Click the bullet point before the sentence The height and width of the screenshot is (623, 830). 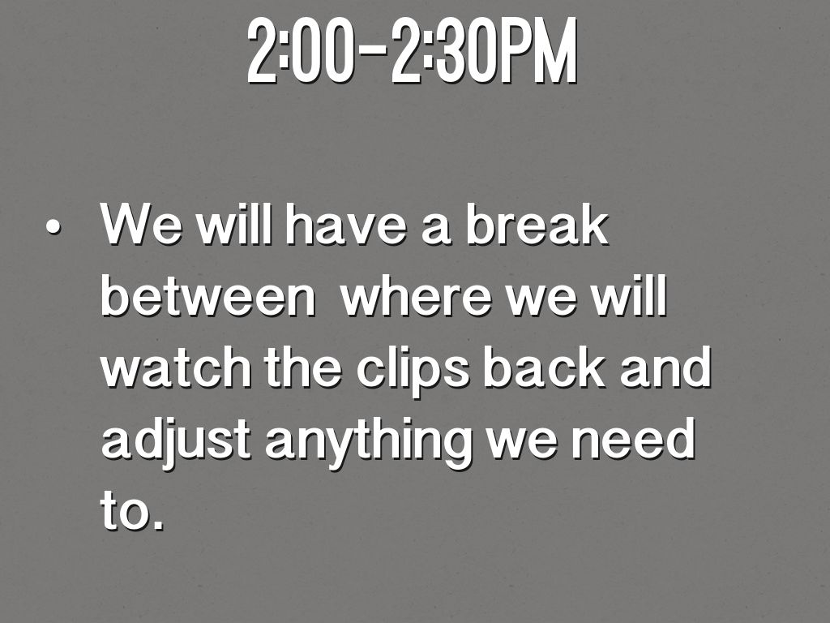[x=53, y=228]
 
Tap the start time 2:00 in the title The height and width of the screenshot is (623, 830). [x=301, y=51]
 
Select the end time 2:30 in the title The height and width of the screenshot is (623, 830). [x=444, y=51]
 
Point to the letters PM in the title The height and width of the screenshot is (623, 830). [x=537, y=51]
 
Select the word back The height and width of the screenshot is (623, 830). [x=544, y=367]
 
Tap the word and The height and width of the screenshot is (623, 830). [x=665, y=367]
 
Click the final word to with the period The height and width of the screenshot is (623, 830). [x=132, y=509]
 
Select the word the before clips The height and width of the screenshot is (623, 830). [x=303, y=367]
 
